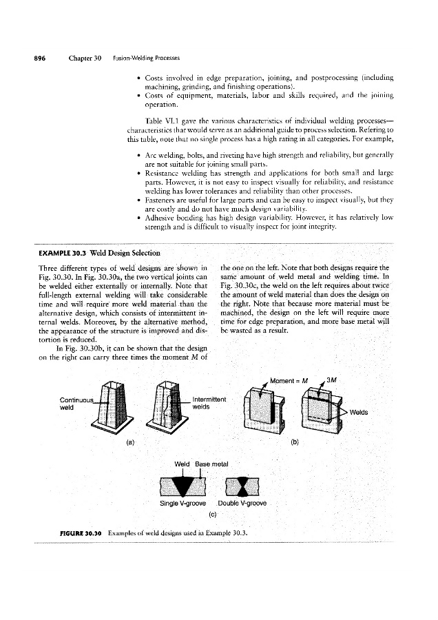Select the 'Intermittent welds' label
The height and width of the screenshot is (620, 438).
point(210,402)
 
